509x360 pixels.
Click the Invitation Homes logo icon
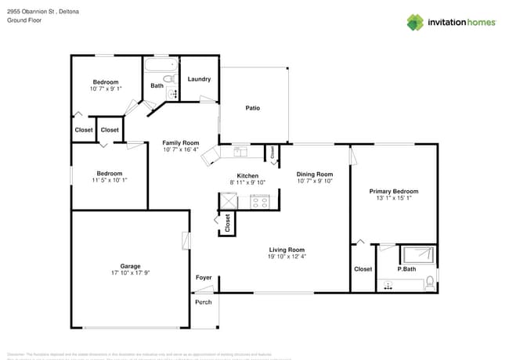point(415,22)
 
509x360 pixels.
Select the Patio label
point(252,108)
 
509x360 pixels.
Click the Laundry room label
point(199,79)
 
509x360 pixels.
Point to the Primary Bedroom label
point(394,191)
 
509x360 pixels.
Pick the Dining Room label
point(314,174)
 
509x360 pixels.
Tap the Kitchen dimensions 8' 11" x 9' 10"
point(247,182)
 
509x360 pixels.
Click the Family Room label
point(180,142)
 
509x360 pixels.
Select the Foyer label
point(203,278)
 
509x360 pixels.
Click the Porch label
point(203,302)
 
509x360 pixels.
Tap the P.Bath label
point(406,269)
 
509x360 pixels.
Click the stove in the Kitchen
point(259,202)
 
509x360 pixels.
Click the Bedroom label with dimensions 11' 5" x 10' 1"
point(109,173)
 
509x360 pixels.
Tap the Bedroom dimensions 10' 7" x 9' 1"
point(106,89)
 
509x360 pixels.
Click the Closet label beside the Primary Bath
point(363,269)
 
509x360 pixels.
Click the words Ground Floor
point(24,21)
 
